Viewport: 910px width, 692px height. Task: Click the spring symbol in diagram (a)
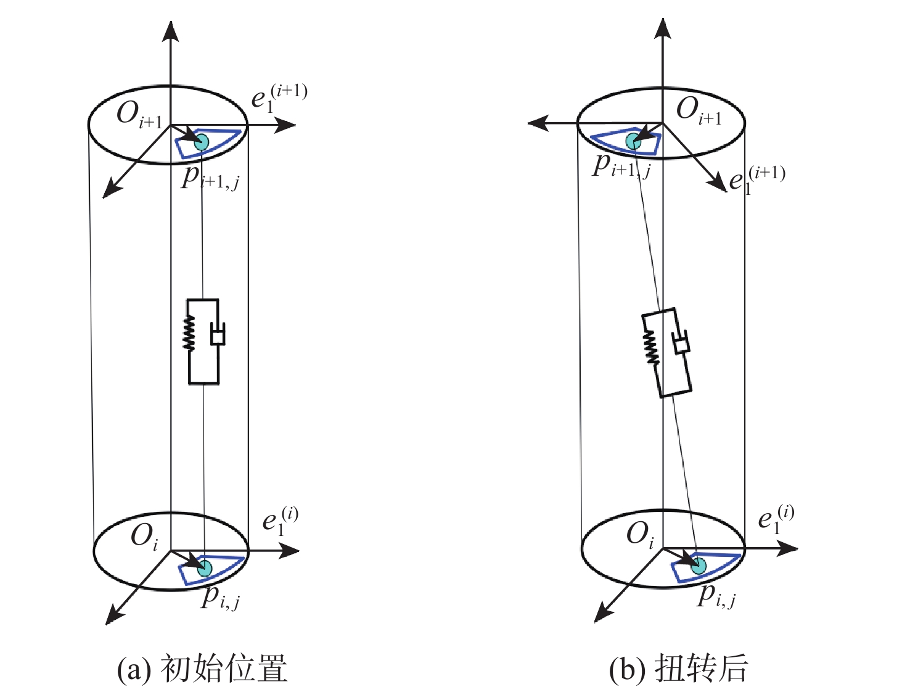[x=189, y=333]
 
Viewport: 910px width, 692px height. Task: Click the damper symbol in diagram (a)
[x=218, y=333]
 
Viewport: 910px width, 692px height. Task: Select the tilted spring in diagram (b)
[x=651, y=347]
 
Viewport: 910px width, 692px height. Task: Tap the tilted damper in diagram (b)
[x=681, y=342]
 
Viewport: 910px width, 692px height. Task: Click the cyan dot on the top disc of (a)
[x=202, y=142]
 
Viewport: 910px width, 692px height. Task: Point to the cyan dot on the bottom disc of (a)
[x=205, y=569]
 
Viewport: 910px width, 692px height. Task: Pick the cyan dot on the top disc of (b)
[x=633, y=141]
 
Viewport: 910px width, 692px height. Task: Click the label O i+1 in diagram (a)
[x=139, y=114]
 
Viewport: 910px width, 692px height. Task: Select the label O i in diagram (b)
[x=641, y=535]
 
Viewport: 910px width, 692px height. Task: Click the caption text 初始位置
[x=224, y=668]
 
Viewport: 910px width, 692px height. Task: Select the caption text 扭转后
[x=701, y=668]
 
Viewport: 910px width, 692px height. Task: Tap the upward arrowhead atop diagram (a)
[x=170, y=31]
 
